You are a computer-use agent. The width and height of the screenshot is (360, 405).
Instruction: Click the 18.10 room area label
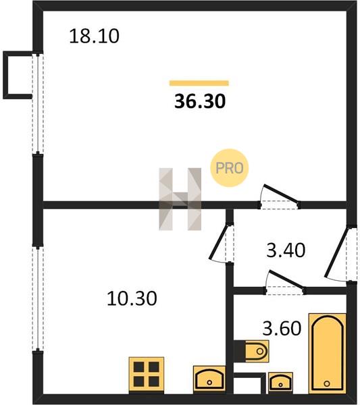[x=95, y=36]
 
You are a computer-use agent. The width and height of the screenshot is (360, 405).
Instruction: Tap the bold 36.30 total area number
[x=200, y=101]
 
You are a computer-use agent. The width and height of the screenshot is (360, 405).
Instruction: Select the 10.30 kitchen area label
[x=132, y=298]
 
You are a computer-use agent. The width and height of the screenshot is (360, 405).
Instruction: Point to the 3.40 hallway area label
[x=286, y=250]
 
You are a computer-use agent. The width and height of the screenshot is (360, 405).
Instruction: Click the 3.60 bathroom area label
[x=282, y=328]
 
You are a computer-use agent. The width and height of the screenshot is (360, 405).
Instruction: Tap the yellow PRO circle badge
[x=229, y=168]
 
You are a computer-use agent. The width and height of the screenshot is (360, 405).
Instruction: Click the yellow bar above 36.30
[x=199, y=83]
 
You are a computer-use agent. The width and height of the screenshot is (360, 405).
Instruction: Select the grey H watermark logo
[x=180, y=199]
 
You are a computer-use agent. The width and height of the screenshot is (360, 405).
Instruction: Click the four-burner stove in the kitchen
[x=147, y=375]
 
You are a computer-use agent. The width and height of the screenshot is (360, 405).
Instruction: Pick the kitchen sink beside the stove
[x=209, y=379]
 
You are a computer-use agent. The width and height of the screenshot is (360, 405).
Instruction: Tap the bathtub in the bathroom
[x=328, y=353]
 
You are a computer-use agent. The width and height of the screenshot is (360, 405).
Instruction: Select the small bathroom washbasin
[x=280, y=383]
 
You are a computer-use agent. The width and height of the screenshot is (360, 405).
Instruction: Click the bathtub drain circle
[x=327, y=383]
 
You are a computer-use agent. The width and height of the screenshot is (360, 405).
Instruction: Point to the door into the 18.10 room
[x=280, y=197]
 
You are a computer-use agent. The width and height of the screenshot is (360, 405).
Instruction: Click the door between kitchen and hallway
[x=222, y=243]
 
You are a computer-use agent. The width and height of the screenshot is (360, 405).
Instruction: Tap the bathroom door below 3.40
[x=285, y=283]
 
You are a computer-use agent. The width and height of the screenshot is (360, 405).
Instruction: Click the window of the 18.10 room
[x=38, y=103]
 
